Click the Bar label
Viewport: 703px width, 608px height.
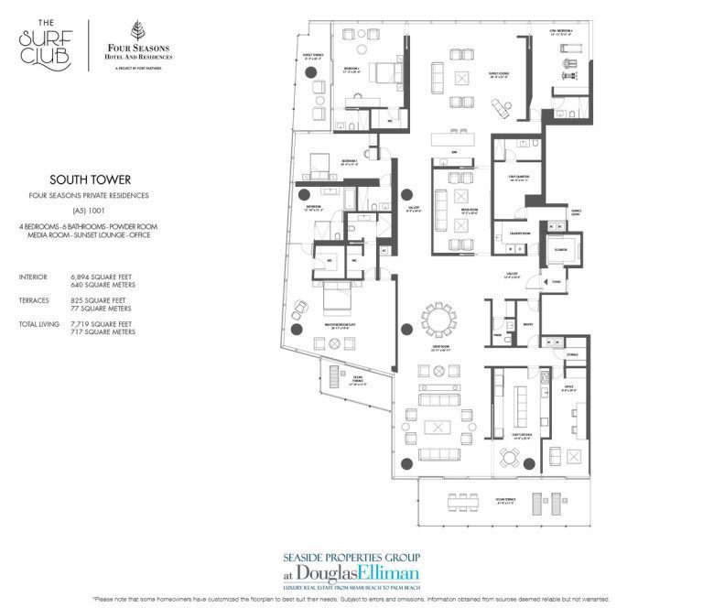pos(453,152)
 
